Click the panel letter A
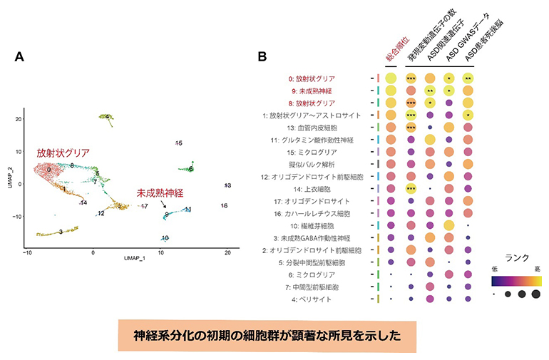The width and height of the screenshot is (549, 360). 19,56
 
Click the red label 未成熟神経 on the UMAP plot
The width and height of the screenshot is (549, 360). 161,193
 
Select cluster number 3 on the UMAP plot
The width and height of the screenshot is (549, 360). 61,232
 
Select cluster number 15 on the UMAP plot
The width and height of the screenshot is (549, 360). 178,144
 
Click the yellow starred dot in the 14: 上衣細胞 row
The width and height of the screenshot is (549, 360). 411,189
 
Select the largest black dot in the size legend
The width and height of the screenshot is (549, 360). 535,294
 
